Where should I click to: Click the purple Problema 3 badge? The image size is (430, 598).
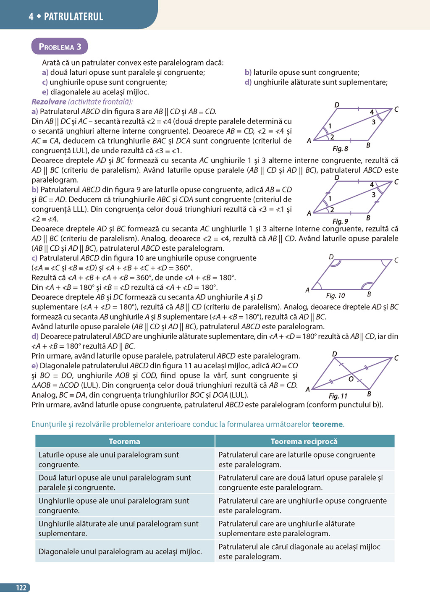click(x=60, y=47)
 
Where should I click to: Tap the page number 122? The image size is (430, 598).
click(x=21, y=588)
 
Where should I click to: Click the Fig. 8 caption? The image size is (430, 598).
click(x=340, y=149)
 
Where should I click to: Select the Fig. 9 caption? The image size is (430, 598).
click(x=340, y=221)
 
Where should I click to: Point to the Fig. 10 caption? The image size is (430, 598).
click(x=335, y=296)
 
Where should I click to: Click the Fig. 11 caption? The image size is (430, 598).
click(x=338, y=396)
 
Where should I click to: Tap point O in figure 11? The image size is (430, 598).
click(x=351, y=379)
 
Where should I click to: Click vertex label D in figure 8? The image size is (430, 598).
click(x=337, y=105)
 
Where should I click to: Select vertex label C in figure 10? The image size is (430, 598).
click(x=396, y=260)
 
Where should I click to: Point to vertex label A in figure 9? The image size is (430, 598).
click(x=309, y=213)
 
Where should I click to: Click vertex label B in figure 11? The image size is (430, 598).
click(x=369, y=394)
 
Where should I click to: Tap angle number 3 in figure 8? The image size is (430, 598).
click(x=373, y=122)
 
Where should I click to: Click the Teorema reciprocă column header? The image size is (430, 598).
click(x=304, y=441)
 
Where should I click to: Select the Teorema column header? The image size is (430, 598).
click(x=124, y=441)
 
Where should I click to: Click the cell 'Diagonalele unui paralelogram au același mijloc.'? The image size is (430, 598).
click(x=120, y=552)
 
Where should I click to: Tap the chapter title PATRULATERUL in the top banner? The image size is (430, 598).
click(x=73, y=17)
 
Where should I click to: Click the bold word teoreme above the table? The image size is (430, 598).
click(x=327, y=424)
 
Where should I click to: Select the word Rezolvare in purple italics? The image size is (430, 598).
click(x=49, y=102)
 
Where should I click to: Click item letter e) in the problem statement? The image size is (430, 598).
click(x=45, y=92)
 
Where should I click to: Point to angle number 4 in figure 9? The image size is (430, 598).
click(x=372, y=185)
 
